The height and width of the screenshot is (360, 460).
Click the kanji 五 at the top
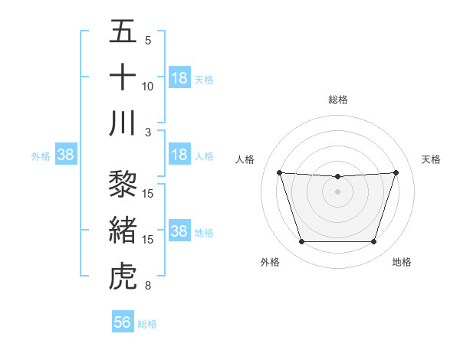[x=123, y=31]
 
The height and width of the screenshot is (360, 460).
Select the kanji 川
[x=123, y=123]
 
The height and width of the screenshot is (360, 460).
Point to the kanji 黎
[x=123, y=185]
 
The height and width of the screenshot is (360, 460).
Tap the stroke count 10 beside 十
[x=148, y=87]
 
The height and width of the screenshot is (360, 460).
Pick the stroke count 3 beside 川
[x=148, y=133]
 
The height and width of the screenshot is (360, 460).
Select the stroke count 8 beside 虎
[x=148, y=286]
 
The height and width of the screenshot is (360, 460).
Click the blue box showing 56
[x=123, y=322]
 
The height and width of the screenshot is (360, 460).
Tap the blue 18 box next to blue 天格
[x=179, y=78]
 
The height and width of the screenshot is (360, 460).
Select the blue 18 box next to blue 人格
[x=179, y=155]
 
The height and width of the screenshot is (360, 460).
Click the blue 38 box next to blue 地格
[x=179, y=231]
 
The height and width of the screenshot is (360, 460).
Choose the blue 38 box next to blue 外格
[x=66, y=155]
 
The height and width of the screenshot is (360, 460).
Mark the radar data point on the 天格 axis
[x=396, y=172]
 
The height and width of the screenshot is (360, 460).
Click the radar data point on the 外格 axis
[x=301, y=242]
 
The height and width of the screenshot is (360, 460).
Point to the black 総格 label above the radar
[x=338, y=100]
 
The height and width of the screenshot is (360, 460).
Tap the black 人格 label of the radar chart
[x=245, y=159]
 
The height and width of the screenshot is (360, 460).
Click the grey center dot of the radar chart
[x=337, y=191]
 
